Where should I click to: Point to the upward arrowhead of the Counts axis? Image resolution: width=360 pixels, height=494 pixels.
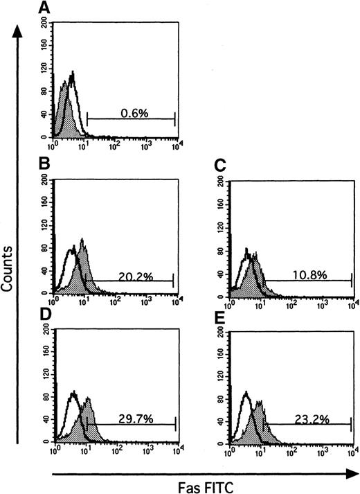(x=19, y=26)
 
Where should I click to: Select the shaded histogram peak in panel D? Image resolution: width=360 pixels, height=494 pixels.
(x=88, y=400)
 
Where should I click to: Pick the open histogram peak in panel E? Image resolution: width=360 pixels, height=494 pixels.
(x=246, y=394)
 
